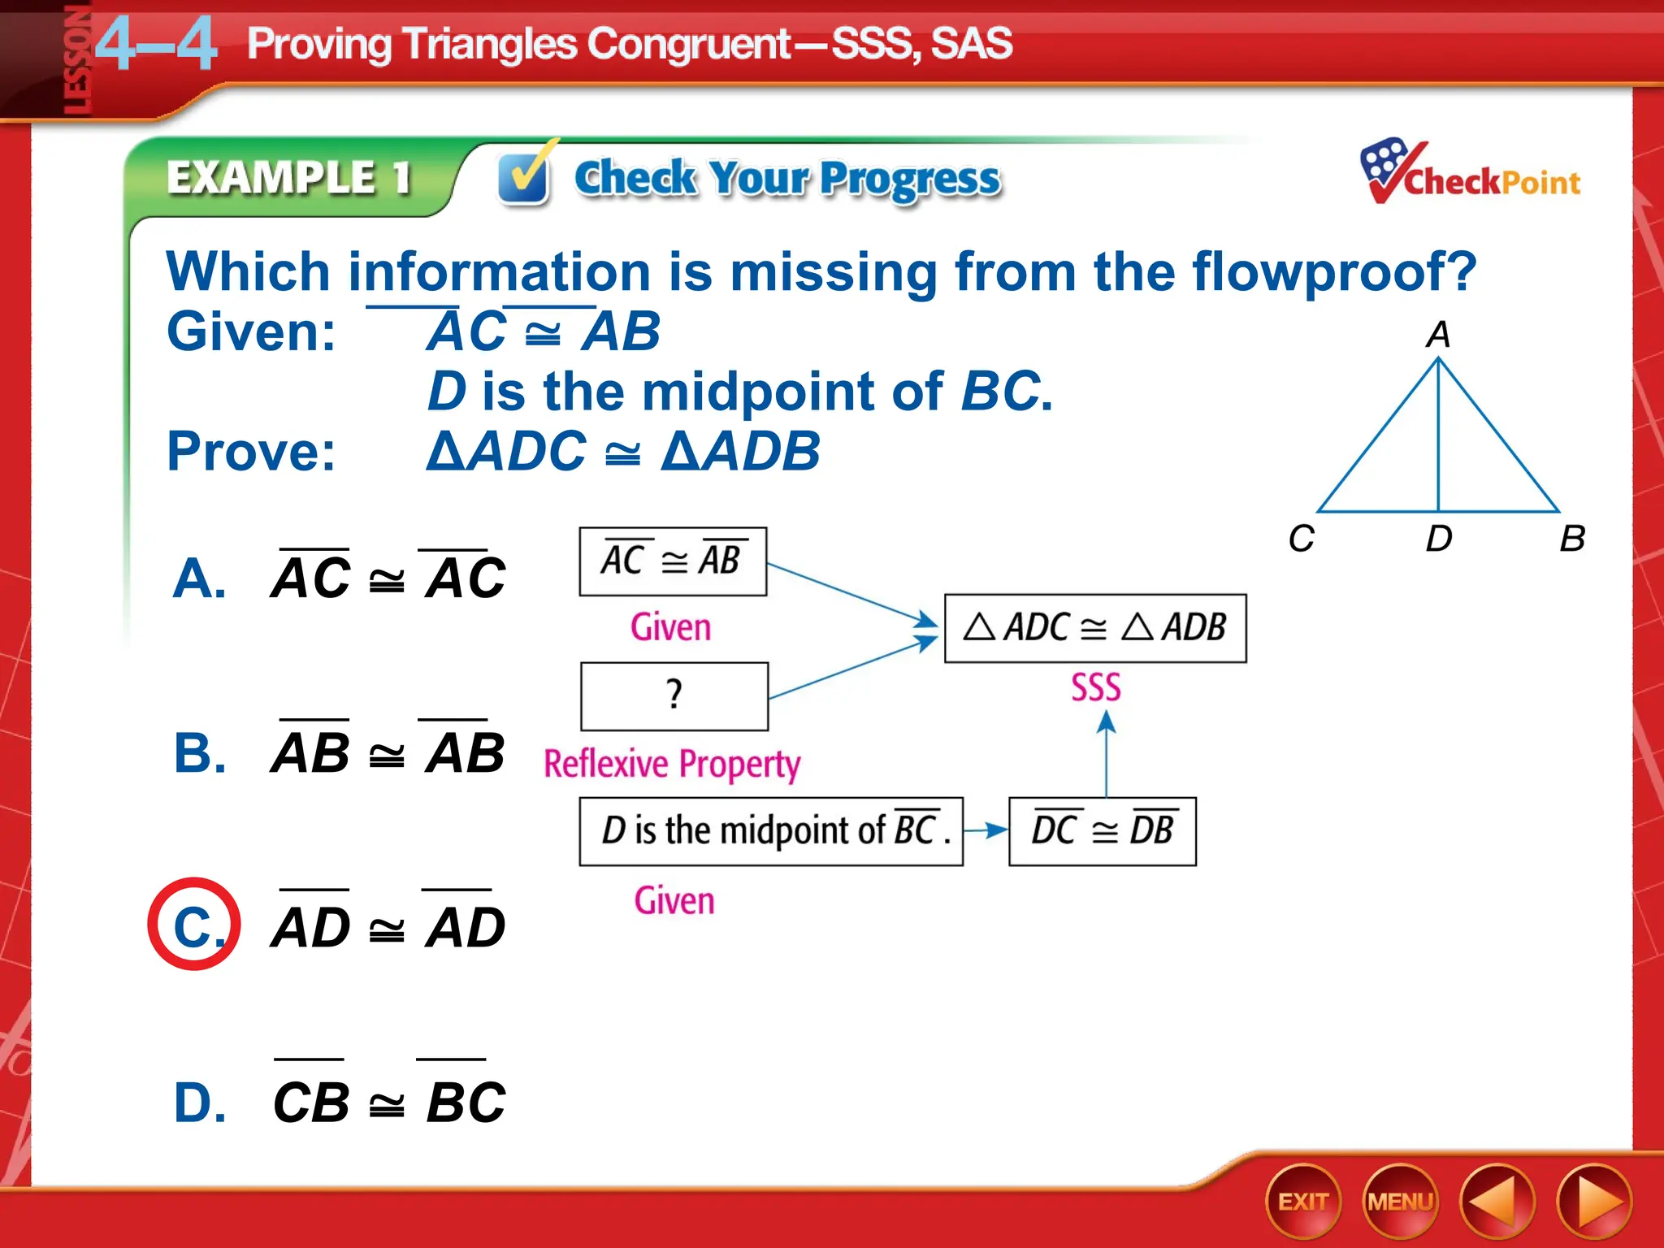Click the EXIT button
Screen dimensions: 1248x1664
[1302, 1202]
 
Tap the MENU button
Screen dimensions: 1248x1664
[1400, 1202]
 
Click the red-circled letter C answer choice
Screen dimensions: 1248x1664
[194, 925]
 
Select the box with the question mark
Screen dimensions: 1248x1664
[674, 696]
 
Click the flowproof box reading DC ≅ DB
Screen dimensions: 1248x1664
[1102, 831]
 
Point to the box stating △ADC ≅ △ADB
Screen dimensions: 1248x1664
[1094, 628]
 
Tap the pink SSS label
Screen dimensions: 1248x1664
[1095, 687]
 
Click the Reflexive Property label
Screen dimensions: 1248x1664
[672, 764]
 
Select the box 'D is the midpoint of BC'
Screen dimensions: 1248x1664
[770, 831]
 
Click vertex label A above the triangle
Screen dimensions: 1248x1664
[1437, 334]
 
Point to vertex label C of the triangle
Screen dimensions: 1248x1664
[1301, 539]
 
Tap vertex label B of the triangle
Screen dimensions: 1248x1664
[1571, 539]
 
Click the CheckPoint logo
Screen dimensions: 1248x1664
[1471, 172]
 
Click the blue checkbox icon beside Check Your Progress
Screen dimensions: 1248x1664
[524, 176]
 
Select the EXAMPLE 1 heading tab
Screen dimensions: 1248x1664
[288, 177]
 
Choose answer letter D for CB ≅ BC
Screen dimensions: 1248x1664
[199, 1103]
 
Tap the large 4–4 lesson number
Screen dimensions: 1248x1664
[156, 45]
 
